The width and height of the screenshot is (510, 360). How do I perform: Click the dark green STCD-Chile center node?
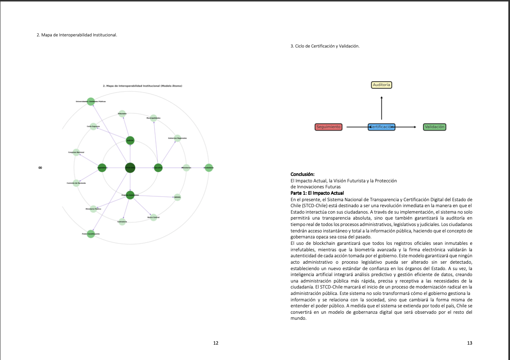[130, 168]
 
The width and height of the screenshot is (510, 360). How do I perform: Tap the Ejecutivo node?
[158, 168]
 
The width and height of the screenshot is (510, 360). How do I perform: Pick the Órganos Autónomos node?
[130, 195]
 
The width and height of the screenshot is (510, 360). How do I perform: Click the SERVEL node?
[177, 197]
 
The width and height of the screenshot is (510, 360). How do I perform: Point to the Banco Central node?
[154, 217]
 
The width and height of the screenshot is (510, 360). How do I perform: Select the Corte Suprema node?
[93, 126]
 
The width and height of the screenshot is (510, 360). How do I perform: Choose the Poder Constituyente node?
[91, 234]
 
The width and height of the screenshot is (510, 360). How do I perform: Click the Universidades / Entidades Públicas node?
[91, 101]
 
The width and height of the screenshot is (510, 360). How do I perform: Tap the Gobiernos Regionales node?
[177, 138]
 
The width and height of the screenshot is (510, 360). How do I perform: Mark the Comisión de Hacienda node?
[76, 183]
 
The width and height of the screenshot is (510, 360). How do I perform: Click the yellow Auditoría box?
[381, 85]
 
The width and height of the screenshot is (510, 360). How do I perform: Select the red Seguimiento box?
[328, 127]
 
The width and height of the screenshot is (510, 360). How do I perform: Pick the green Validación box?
[435, 127]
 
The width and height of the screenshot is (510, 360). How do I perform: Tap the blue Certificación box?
[382, 127]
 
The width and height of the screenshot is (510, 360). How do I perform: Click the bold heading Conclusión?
[303, 174]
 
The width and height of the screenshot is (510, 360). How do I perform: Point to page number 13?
[470, 343]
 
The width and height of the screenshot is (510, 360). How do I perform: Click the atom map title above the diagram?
[142, 86]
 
